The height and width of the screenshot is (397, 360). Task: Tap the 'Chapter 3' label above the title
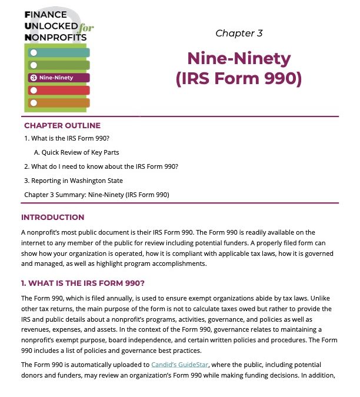point(239,33)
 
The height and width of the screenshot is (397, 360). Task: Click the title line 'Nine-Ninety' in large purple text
point(239,59)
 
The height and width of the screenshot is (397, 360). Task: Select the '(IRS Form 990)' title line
point(239,79)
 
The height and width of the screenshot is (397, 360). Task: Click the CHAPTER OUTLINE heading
point(62,125)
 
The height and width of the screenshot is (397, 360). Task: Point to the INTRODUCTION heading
point(52,217)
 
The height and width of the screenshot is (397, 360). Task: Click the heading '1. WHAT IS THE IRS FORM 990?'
point(79,282)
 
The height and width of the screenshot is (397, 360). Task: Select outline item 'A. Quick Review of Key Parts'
point(76,152)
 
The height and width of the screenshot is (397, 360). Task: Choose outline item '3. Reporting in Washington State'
point(74,180)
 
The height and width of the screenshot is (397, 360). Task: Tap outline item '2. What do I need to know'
point(101,166)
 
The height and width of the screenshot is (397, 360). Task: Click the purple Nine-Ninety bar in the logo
point(58,78)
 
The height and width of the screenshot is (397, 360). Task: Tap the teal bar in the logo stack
point(58,53)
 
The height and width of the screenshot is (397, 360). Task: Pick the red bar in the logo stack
point(58,90)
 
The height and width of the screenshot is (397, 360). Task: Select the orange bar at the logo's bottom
point(58,103)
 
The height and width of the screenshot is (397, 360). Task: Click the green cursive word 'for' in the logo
point(88,28)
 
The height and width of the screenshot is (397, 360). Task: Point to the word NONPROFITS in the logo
point(56,38)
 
